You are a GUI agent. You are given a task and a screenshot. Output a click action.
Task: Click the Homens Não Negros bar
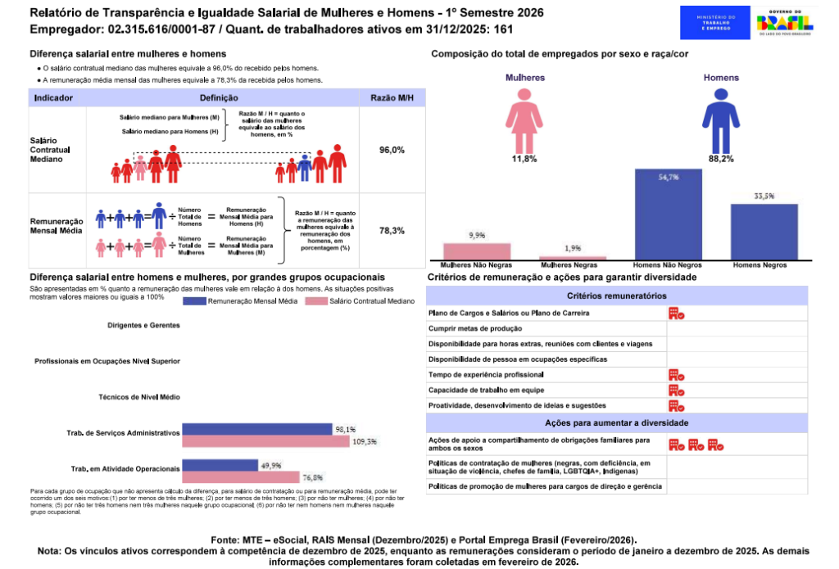[668, 215]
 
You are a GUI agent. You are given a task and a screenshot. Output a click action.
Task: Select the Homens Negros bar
[764, 232]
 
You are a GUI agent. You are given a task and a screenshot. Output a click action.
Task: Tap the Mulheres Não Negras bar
[477, 251]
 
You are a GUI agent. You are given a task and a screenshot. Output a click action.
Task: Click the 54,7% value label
[668, 177]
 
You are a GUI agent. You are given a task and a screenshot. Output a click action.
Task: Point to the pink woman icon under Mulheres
[524, 118]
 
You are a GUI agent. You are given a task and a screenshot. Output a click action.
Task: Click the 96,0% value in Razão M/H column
[392, 151]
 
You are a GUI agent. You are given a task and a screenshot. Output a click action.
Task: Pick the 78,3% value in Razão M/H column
[392, 231]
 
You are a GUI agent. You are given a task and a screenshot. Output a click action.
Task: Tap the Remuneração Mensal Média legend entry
[241, 301]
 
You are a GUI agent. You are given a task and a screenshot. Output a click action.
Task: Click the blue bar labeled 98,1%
[256, 429]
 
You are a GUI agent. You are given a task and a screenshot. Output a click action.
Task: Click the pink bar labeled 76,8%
[240, 477]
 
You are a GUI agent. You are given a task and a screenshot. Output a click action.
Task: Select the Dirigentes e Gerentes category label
[143, 325]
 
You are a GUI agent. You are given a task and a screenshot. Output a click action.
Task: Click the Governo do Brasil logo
[785, 20]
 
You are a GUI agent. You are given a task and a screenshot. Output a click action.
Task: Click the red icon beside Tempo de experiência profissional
[676, 374]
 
